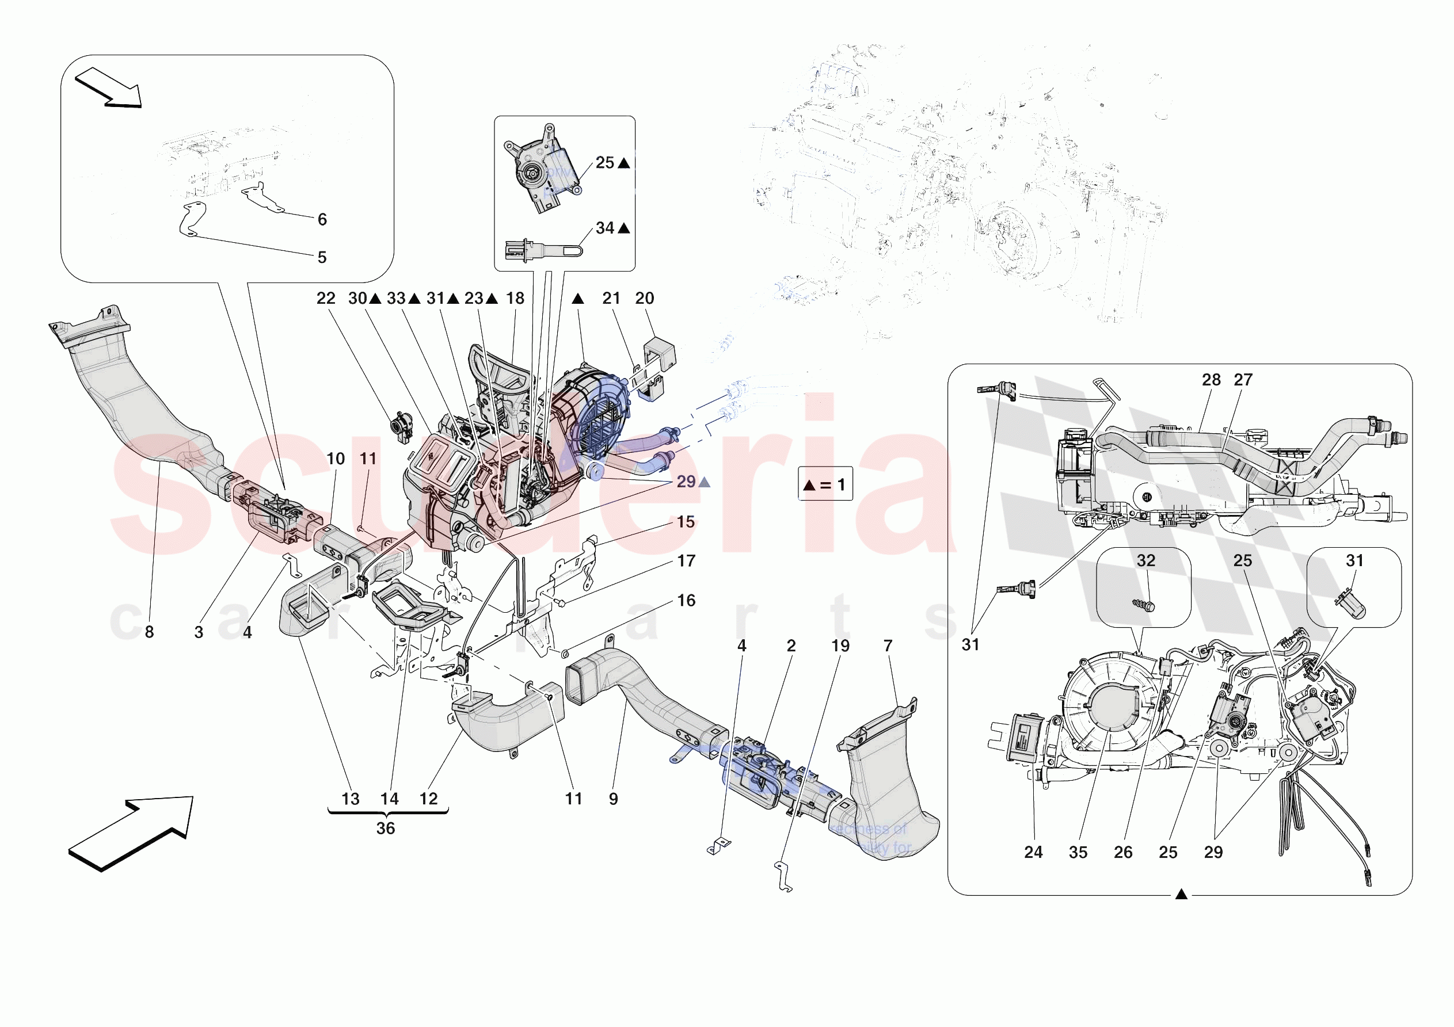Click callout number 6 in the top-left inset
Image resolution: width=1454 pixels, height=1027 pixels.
pyautogui.click(x=322, y=219)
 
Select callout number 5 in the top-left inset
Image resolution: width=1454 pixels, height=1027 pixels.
pyautogui.click(x=322, y=257)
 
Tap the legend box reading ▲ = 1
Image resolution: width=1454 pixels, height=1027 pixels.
pyautogui.click(x=824, y=484)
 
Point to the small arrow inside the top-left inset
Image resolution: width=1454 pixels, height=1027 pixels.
pyautogui.click(x=108, y=87)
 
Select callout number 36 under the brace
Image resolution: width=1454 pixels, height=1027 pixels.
pyautogui.click(x=386, y=828)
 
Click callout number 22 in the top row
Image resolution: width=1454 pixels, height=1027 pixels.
pyautogui.click(x=326, y=298)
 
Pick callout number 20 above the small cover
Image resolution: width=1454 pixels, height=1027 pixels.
pyautogui.click(x=644, y=298)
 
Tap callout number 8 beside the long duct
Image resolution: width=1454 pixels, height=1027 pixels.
pyautogui.click(x=150, y=632)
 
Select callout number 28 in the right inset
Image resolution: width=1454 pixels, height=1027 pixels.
pyautogui.click(x=1211, y=379)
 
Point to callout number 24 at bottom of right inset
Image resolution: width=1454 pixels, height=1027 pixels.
pyautogui.click(x=1033, y=852)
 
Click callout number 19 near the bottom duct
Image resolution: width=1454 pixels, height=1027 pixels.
pyautogui.click(x=840, y=646)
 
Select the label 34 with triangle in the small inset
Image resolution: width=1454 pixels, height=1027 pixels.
pyautogui.click(x=612, y=228)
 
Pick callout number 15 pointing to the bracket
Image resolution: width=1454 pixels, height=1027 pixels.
pyautogui.click(x=686, y=522)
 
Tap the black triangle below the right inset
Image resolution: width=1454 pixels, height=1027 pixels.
pyautogui.click(x=1181, y=894)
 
